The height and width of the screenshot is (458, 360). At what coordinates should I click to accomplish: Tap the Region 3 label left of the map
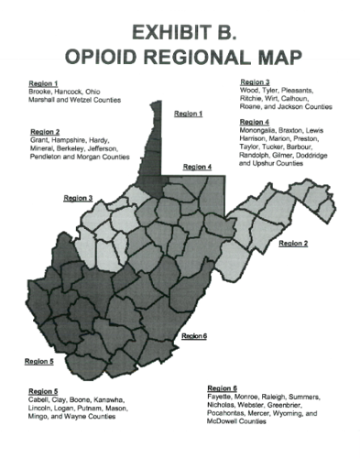point(78,197)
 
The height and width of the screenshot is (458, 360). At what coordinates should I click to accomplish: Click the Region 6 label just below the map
point(195,336)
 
